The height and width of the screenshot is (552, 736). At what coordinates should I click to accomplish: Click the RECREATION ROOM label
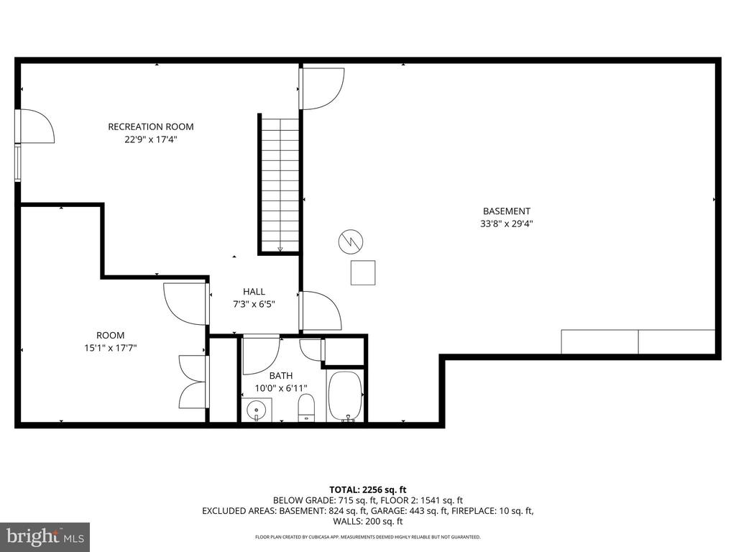[151, 126]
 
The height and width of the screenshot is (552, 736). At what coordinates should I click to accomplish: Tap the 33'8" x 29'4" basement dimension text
[507, 224]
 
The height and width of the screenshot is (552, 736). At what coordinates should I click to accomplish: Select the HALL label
[254, 291]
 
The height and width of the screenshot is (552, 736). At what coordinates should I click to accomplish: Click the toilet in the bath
[306, 407]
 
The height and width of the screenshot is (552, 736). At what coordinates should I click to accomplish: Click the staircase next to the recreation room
[280, 183]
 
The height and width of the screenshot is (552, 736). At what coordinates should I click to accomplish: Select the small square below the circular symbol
[363, 273]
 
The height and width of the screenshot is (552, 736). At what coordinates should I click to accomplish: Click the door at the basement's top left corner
[321, 88]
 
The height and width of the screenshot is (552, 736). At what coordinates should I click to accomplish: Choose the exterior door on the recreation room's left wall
[36, 126]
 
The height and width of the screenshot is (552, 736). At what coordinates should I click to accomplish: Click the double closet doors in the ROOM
[193, 381]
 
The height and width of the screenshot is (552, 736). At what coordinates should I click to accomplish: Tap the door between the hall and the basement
[320, 310]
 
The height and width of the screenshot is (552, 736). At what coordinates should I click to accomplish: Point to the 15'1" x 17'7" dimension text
[111, 348]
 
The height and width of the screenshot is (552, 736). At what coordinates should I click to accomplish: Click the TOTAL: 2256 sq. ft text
[369, 489]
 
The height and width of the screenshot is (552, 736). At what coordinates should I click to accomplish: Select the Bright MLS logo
[45, 536]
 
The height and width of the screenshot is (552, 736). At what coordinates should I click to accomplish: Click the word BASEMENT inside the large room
[507, 211]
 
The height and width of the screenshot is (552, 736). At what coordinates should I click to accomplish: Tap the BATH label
[281, 376]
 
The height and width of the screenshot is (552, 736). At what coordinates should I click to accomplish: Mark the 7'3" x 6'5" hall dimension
[254, 304]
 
